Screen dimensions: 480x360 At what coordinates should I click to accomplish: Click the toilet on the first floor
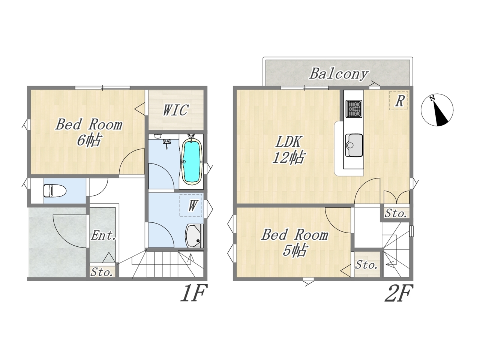pos(55,191)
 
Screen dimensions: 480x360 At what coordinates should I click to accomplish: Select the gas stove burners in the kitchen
pos(354,109)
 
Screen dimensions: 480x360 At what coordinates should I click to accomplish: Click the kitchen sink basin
pos(354,145)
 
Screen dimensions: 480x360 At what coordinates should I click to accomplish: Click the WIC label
pos(175,110)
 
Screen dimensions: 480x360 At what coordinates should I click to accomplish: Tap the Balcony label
pos(339,74)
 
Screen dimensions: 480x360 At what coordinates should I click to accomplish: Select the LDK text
pos(289,142)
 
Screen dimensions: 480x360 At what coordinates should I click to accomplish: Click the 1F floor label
pos(193,293)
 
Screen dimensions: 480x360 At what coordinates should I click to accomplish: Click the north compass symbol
pos(437,110)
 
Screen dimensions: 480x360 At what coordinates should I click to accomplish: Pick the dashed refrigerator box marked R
pos(398,101)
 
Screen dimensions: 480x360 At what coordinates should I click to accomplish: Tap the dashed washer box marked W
pos(191,205)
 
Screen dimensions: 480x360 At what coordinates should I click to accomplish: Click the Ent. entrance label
pos(103,235)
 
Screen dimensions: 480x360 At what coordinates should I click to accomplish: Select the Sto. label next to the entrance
pos(102,272)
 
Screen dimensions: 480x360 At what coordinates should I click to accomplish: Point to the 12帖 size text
pos(288,157)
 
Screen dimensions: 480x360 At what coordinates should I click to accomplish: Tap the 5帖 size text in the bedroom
pos(295,250)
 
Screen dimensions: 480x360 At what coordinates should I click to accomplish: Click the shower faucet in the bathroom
pos(166,143)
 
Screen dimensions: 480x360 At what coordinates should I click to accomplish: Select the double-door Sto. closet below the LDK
pos(396,205)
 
